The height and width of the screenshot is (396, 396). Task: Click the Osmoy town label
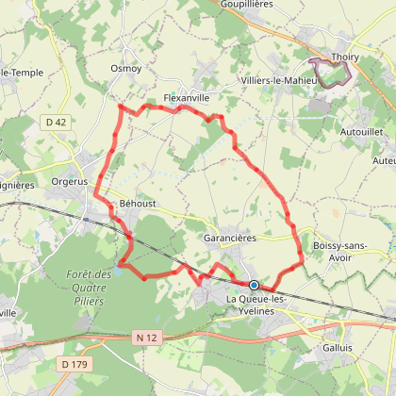tap(125, 69)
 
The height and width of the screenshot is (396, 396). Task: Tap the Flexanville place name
tap(186, 97)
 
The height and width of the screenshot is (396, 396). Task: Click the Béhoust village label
tap(137, 203)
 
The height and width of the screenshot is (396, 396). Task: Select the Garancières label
tap(230, 239)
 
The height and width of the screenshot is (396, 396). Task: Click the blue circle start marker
tap(254, 284)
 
